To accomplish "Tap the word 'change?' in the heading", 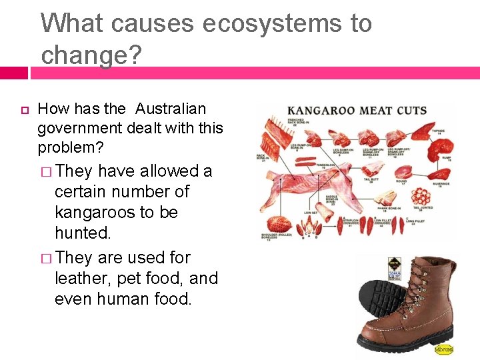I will tap(91, 55).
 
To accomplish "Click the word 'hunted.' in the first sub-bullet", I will tap(83, 233).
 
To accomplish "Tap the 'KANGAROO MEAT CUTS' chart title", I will tap(357, 110).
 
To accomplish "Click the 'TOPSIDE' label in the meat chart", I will tap(439, 131).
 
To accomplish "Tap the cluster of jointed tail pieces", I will tap(421, 196).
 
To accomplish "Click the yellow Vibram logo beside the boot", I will tap(444, 349).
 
